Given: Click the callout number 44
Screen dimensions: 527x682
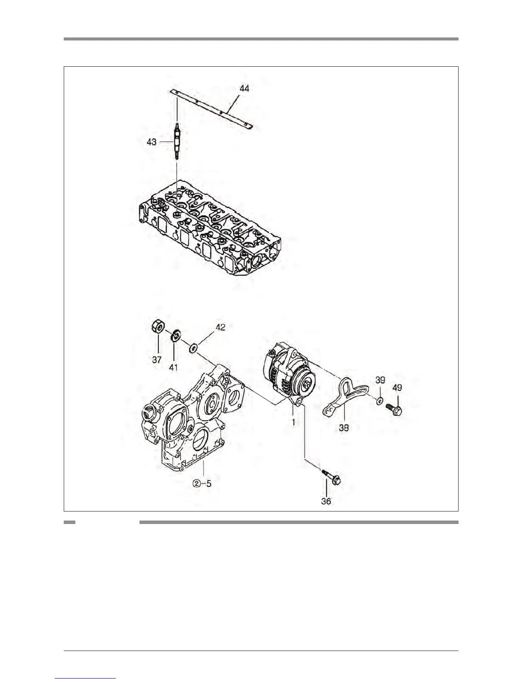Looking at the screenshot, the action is pyautogui.click(x=244, y=89).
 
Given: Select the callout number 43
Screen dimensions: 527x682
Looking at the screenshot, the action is pyautogui.click(x=152, y=142).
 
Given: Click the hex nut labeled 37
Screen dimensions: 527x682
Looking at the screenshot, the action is pyautogui.click(x=157, y=328).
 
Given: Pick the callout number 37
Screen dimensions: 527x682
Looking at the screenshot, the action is pyautogui.click(x=157, y=360).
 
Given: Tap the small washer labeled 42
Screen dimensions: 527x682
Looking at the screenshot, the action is pyautogui.click(x=193, y=346).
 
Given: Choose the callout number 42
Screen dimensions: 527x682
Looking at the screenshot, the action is pyautogui.click(x=220, y=327).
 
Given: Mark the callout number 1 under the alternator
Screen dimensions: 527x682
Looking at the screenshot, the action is pyautogui.click(x=294, y=422).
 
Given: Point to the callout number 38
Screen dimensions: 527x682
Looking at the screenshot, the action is pyautogui.click(x=344, y=428).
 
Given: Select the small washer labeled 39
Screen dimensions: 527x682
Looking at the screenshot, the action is pyautogui.click(x=379, y=401).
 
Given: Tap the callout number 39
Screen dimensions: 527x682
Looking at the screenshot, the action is pyautogui.click(x=380, y=380).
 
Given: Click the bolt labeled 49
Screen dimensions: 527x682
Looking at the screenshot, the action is pyautogui.click(x=394, y=409).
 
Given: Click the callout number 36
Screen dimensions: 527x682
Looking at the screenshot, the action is pyautogui.click(x=326, y=501).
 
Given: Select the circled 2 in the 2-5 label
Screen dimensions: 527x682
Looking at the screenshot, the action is pyautogui.click(x=196, y=483).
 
